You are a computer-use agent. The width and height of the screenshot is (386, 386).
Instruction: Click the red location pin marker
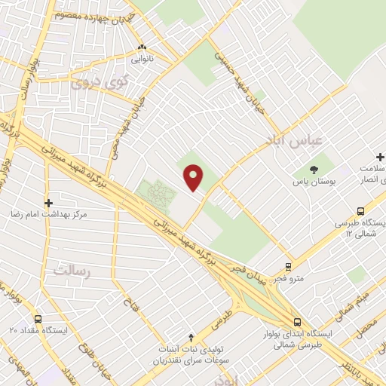coord(194,177)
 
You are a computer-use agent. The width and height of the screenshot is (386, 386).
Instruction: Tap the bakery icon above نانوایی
coord(141,47)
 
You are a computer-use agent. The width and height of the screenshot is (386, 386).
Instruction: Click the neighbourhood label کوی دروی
coord(101,83)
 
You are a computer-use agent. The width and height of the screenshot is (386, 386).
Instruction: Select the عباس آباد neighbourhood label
coord(286,142)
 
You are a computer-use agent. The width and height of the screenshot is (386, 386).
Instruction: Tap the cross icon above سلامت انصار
coord(381,158)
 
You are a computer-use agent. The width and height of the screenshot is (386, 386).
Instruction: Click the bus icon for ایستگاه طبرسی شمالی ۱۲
coord(361,213)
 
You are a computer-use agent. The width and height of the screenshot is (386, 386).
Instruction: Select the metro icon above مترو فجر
coord(288,267)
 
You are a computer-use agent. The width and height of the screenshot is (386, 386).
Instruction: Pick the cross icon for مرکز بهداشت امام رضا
coord(49,203)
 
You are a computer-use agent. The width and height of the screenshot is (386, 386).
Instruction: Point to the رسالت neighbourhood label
coord(72,270)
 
